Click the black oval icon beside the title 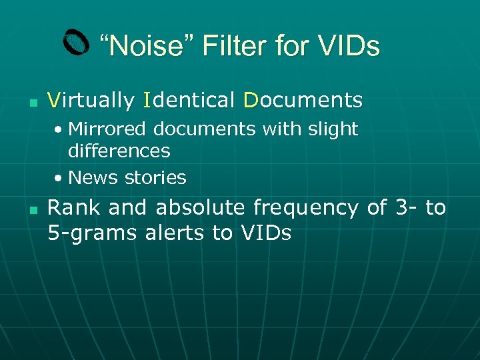coord(76,43)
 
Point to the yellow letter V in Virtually coord(54,101)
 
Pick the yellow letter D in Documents coord(250,101)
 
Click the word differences coord(119,151)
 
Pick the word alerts coord(185,233)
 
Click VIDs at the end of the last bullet coord(265,233)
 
